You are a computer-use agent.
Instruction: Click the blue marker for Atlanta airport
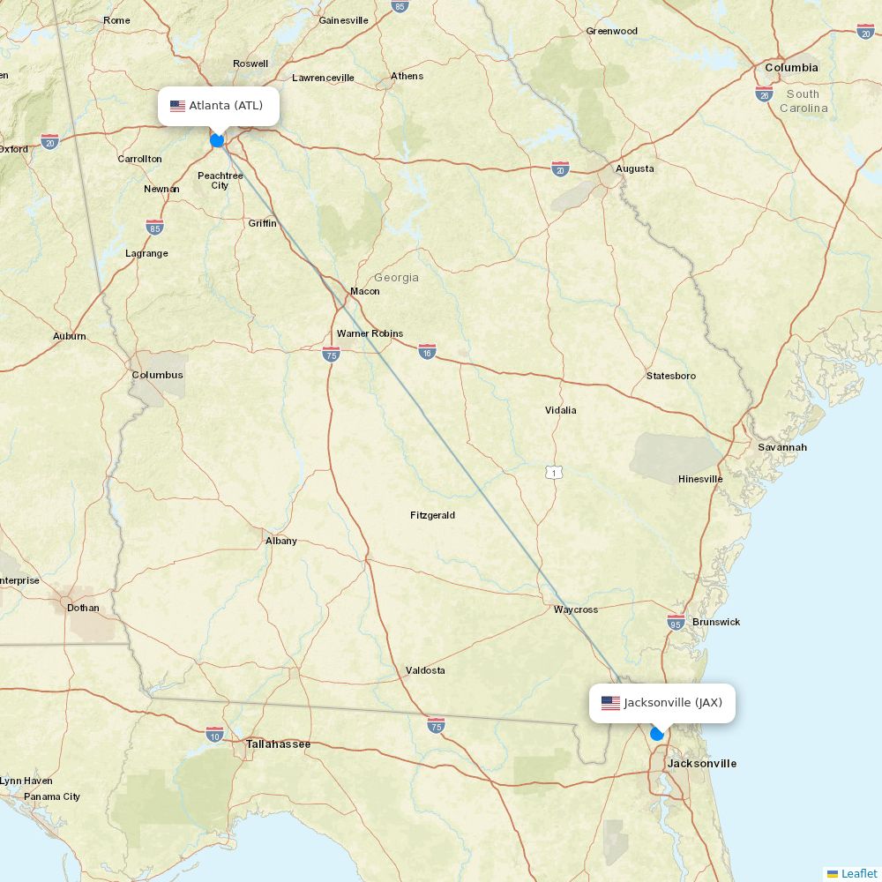pos(217,139)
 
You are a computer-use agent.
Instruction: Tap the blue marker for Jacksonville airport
pos(657,733)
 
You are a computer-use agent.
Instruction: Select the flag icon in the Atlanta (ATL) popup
pos(178,106)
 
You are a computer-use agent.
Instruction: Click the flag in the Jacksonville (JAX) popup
pos(610,703)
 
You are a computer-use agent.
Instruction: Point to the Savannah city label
pos(781,447)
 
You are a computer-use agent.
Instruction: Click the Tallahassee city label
pos(278,744)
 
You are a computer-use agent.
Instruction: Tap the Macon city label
pos(364,291)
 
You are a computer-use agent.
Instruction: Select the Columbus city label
pos(157,375)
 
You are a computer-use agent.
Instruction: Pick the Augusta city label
pos(634,168)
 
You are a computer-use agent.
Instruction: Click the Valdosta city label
pos(425,670)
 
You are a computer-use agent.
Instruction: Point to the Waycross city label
pos(575,609)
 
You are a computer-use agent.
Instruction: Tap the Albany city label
pos(280,541)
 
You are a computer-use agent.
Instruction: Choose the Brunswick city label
pos(716,622)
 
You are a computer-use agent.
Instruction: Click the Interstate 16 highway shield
pos(428,351)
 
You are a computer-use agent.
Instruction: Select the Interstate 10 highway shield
pos(214,734)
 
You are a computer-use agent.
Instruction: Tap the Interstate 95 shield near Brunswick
pos(676,623)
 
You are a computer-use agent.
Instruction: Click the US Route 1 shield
pos(554,473)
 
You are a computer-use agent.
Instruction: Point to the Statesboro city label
pos(670,376)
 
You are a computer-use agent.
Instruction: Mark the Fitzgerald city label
pos(432,515)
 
